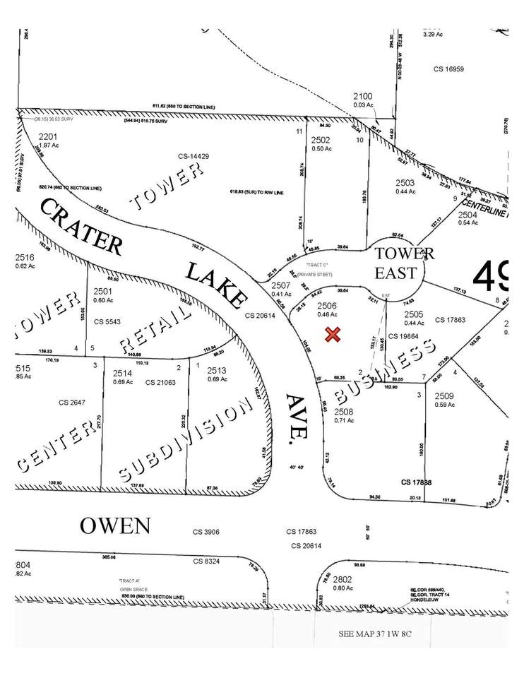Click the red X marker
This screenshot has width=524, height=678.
coord(333,335)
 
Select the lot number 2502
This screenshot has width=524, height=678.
coord(321,140)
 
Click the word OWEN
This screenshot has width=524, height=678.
coord(114,525)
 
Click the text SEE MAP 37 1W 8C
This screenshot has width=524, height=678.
coord(374,634)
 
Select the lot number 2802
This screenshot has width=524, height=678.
coord(343,578)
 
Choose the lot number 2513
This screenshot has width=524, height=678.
coord(216,370)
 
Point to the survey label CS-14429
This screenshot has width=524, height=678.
coord(193,156)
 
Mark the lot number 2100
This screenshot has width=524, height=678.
coord(363,97)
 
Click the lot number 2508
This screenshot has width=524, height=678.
coord(344,412)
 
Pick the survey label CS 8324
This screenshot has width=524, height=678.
coord(208,561)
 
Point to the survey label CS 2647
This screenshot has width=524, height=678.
coord(72,403)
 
